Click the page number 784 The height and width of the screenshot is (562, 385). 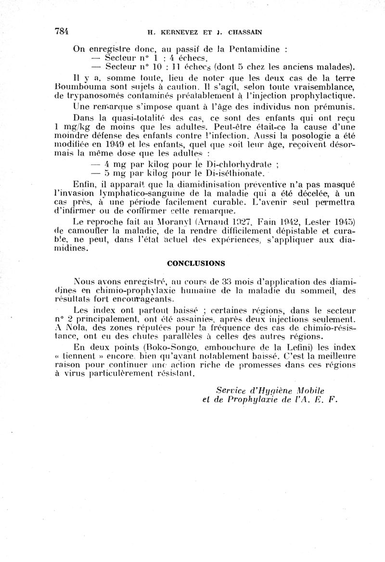coord(62,32)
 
